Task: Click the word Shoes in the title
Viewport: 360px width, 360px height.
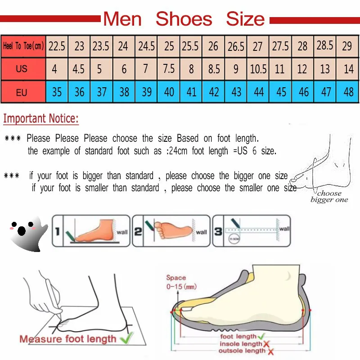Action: pos(184,19)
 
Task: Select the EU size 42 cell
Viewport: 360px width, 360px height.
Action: pos(214,92)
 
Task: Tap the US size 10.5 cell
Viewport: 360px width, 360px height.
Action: pos(258,69)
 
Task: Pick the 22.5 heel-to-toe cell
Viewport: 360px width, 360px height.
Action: pos(57,46)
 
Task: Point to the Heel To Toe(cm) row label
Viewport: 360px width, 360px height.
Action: pos(23,46)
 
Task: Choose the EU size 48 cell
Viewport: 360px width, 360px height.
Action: pos(348,92)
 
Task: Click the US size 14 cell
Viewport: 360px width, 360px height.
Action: pos(348,69)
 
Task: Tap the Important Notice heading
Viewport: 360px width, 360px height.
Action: pos(41,119)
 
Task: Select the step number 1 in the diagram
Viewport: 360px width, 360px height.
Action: pos(58,232)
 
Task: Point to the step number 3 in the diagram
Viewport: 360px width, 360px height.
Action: pos(217,231)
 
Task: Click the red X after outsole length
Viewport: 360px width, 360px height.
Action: pos(271,351)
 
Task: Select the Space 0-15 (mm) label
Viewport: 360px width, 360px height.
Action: pos(180,282)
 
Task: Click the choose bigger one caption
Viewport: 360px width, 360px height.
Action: pos(329,197)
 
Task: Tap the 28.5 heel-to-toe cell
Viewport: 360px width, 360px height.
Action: pos(325,46)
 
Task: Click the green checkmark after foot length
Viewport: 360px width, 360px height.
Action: pos(262,336)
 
